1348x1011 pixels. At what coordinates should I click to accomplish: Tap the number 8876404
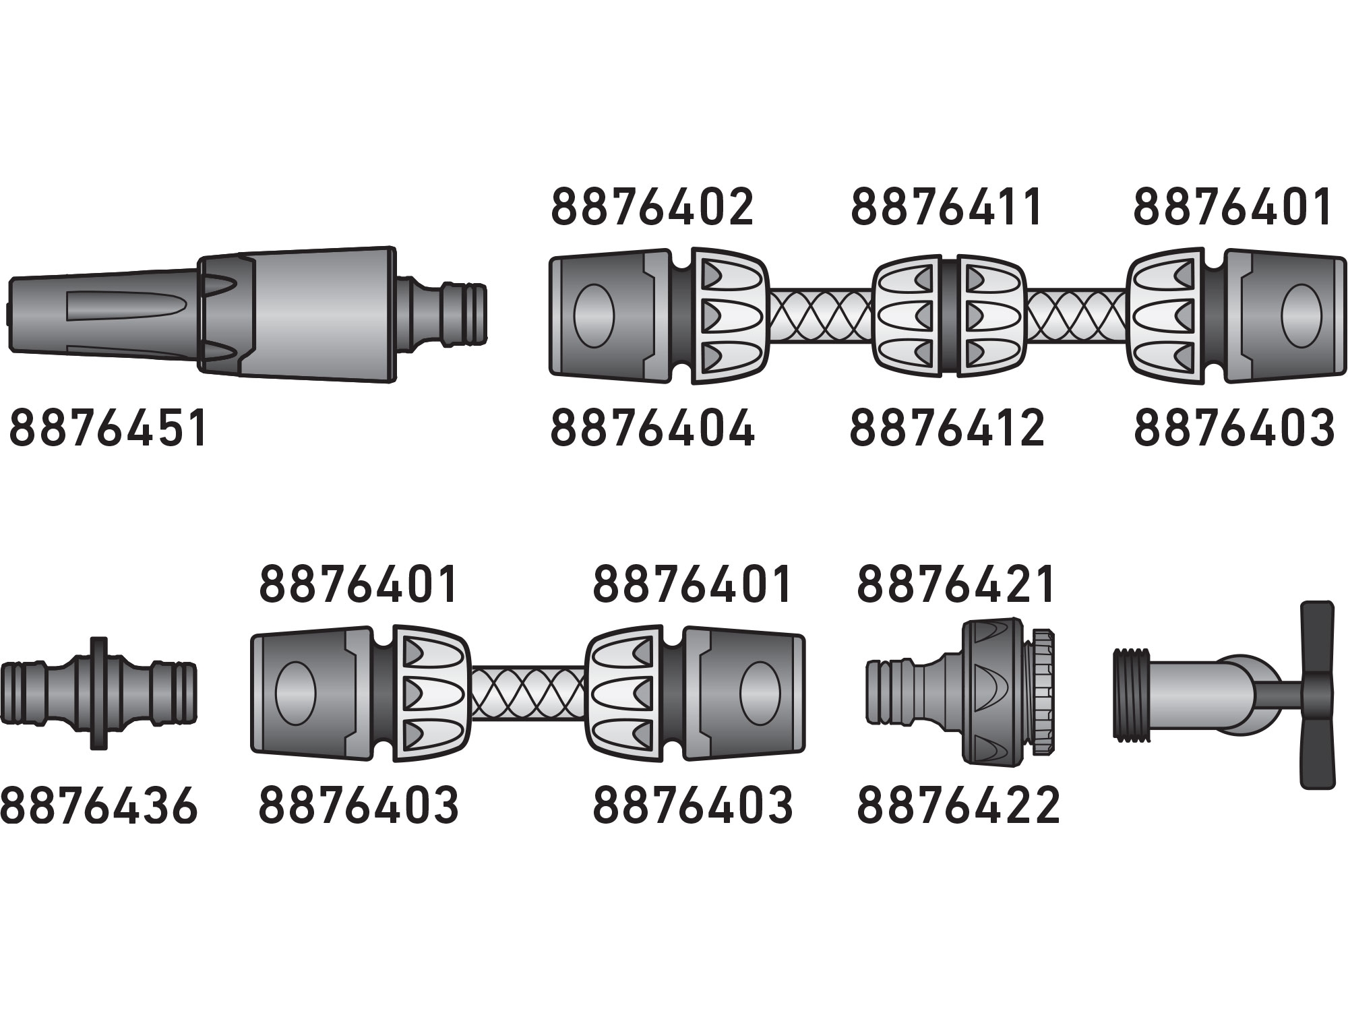tap(652, 427)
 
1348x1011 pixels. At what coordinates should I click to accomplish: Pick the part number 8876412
tap(947, 427)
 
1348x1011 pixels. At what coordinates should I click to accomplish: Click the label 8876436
tap(99, 806)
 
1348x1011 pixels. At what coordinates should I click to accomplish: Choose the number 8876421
tap(956, 585)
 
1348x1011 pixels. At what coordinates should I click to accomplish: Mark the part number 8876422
tap(958, 806)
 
